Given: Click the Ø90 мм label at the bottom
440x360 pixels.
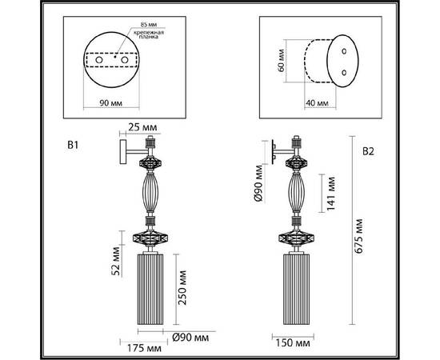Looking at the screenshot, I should tap(187, 336).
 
